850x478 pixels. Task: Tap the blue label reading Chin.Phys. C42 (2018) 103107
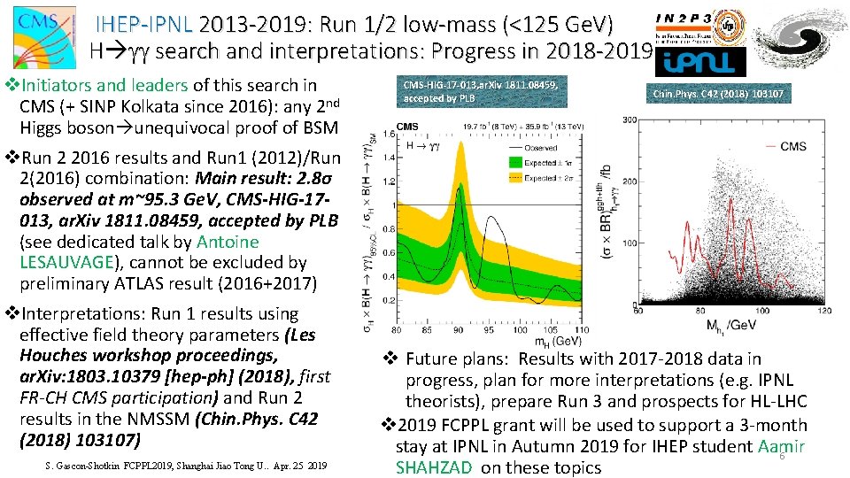point(718,94)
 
